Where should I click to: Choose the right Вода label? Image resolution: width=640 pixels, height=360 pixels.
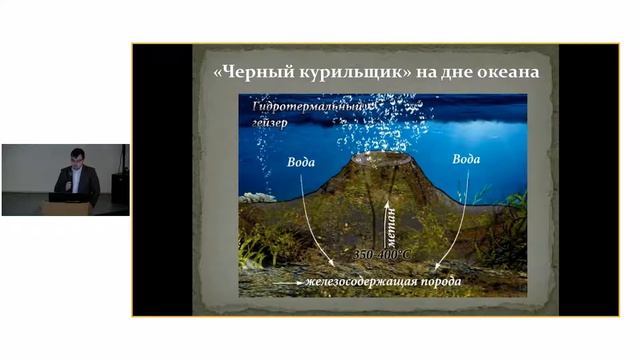coord(466,158)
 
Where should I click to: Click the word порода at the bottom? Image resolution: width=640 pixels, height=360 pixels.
coord(440,281)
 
